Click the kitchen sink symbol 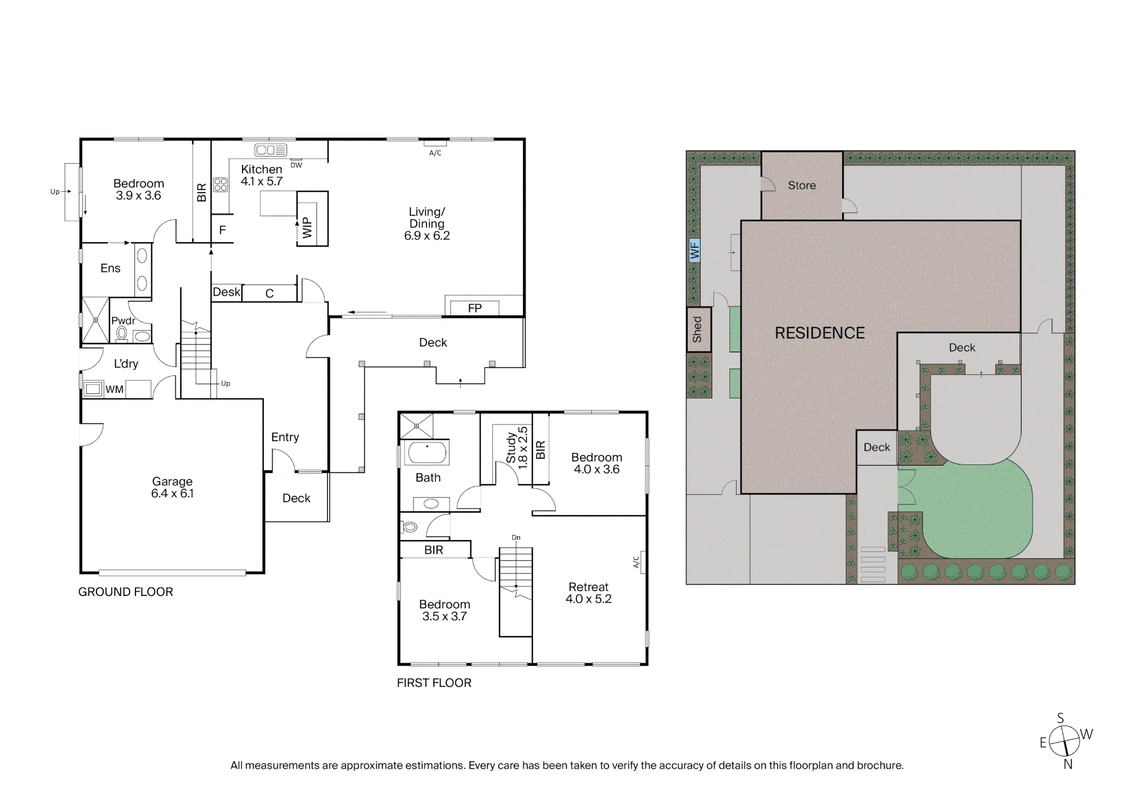click(x=271, y=150)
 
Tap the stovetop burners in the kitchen click(x=221, y=185)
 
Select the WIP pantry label click(x=307, y=227)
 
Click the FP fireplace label click(x=475, y=308)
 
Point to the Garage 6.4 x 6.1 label click(x=172, y=487)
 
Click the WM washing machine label click(x=114, y=389)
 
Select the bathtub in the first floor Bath click(x=428, y=453)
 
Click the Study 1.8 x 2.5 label click(x=517, y=448)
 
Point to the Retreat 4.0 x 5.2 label click(x=588, y=593)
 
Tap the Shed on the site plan click(x=698, y=330)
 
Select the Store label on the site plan click(x=801, y=185)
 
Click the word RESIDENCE click(x=819, y=333)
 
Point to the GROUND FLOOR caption click(x=125, y=591)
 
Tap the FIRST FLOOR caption click(x=434, y=682)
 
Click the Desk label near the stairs click(x=226, y=292)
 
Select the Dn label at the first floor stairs click(x=516, y=537)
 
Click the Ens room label click(x=110, y=268)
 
